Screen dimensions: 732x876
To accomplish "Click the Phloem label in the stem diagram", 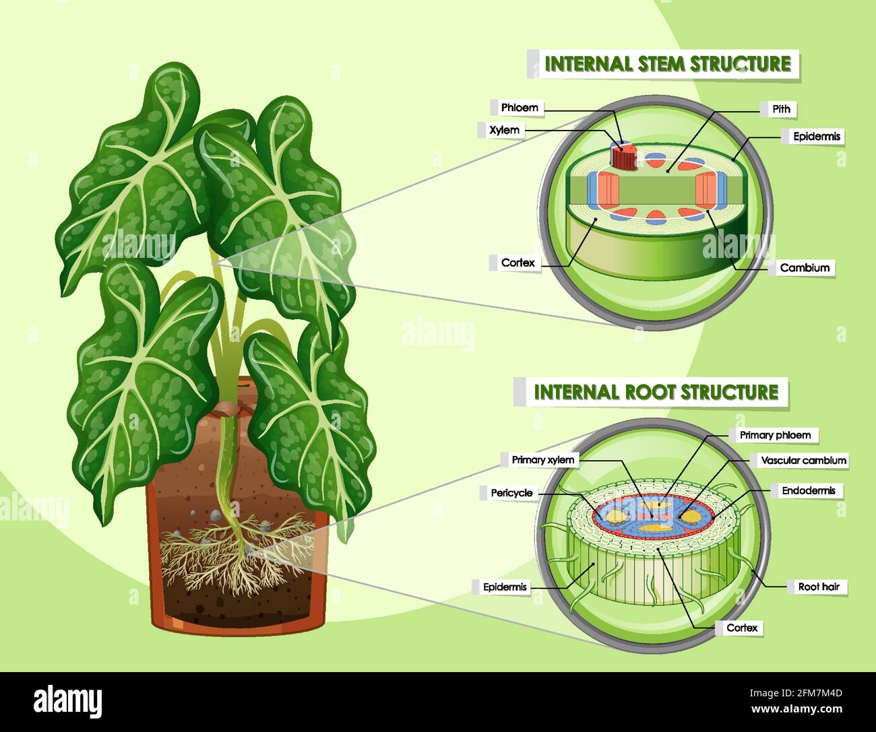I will point(519,108).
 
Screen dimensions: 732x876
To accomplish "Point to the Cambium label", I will point(804,267).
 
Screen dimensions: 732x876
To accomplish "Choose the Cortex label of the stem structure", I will point(518,263).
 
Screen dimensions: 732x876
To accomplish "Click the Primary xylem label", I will point(542,460).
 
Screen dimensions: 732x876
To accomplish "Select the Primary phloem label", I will point(774,435).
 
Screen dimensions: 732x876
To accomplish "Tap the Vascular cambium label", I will point(803,461).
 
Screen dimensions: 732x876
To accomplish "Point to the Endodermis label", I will point(808,491).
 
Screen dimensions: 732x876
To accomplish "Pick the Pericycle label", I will point(511,493).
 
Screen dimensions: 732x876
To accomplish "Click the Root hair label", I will point(817,587).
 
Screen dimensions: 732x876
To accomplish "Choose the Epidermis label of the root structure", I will point(505,587).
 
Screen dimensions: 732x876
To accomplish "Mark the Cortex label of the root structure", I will point(741,628).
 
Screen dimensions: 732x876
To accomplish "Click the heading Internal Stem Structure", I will point(667,64).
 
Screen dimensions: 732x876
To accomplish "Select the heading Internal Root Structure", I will point(656,391).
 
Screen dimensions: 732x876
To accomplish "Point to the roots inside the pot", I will point(236,552).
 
